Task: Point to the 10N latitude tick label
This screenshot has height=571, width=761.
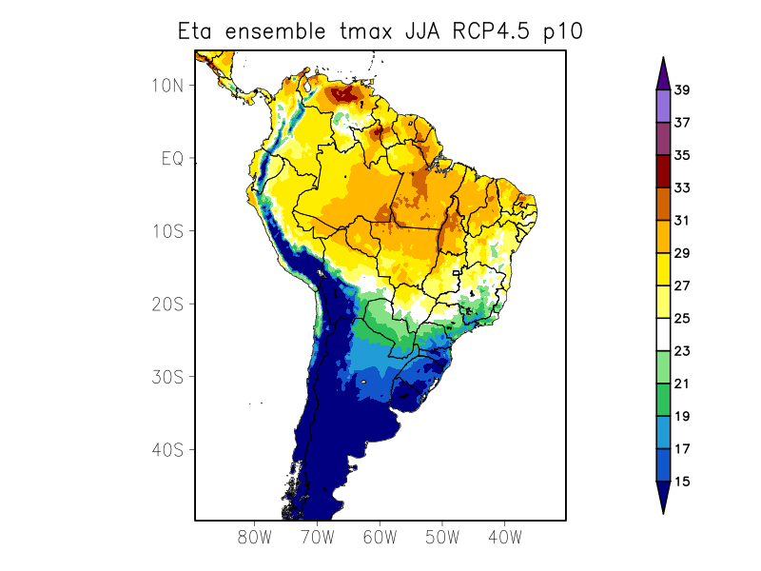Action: pyautogui.click(x=166, y=85)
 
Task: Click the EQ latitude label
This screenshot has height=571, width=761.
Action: pyautogui.click(x=172, y=158)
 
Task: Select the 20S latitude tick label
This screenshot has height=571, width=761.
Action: pyautogui.click(x=166, y=304)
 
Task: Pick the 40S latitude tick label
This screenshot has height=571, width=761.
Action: pyautogui.click(x=166, y=449)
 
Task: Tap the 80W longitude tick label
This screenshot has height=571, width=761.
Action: pyautogui.click(x=255, y=538)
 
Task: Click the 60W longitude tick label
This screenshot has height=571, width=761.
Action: pyautogui.click(x=380, y=538)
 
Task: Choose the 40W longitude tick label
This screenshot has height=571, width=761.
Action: pyautogui.click(x=504, y=538)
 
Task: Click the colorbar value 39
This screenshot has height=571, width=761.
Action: pyautogui.click(x=681, y=90)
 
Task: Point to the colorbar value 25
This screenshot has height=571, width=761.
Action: pyautogui.click(x=681, y=319)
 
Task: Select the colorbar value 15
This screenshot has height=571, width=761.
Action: pyautogui.click(x=681, y=482)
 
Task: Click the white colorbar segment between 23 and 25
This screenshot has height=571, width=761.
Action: pyautogui.click(x=663, y=335)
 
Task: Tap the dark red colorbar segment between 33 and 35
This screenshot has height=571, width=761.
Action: pyautogui.click(x=663, y=172)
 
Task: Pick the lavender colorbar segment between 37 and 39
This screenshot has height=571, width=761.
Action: pyautogui.click(x=663, y=107)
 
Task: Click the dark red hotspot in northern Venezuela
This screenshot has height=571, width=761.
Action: pyautogui.click(x=348, y=93)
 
